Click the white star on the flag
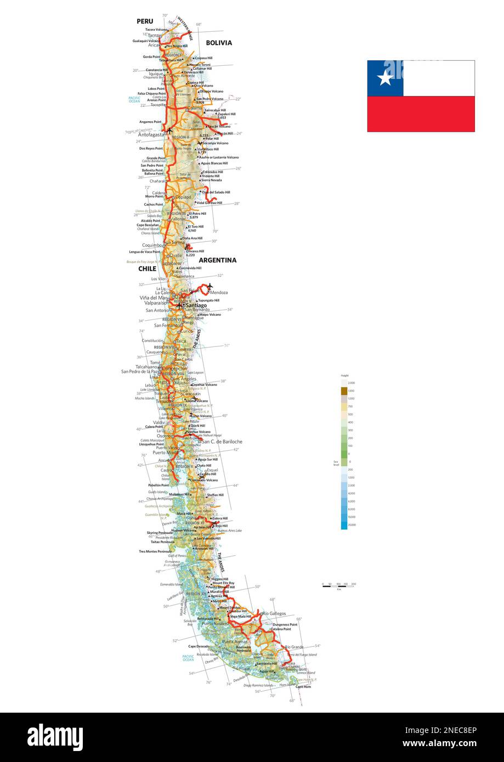[x=385, y=78]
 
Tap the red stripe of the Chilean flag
[x=421, y=114]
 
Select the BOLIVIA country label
[x=219, y=43]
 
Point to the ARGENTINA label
[x=217, y=260]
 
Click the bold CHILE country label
[x=147, y=269]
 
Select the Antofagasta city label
[x=151, y=134]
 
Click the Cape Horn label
[x=303, y=687]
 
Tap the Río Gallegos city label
[x=274, y=613]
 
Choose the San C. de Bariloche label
[x=222, y=441]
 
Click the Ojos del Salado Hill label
[x=216, y=192]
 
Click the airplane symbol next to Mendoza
[x=209, y=286]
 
